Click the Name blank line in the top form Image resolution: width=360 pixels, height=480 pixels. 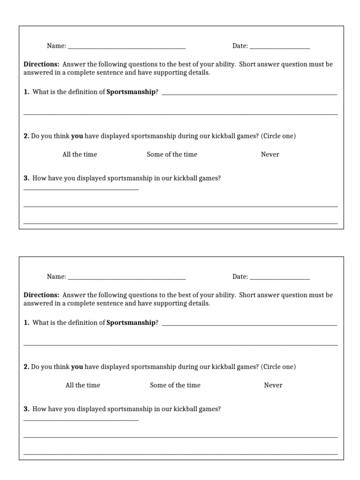127,48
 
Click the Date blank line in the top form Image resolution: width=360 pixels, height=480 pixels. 279,48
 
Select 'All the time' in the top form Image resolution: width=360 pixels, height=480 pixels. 80,154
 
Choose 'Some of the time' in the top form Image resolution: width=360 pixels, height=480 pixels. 172,154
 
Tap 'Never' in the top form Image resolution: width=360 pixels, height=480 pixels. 270,154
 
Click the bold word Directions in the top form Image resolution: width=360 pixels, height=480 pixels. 41,64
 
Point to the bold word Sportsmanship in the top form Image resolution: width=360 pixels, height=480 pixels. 131,92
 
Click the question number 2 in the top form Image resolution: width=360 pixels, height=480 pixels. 26,136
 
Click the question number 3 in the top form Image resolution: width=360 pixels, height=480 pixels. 26,178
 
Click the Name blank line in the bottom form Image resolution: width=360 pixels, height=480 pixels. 127,278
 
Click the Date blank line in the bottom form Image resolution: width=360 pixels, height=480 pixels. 279,278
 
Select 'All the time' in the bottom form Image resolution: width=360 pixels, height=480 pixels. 83,385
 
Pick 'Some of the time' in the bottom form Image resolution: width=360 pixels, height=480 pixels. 175,385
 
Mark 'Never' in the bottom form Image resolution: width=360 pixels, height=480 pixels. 273,385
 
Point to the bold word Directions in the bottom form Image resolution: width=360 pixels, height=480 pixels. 41,295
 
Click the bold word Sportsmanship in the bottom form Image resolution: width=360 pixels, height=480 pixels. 131,322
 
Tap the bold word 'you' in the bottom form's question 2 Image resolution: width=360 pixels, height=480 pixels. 77,367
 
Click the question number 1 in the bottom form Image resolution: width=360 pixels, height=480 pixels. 26,322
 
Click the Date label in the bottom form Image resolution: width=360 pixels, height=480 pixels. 240,277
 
